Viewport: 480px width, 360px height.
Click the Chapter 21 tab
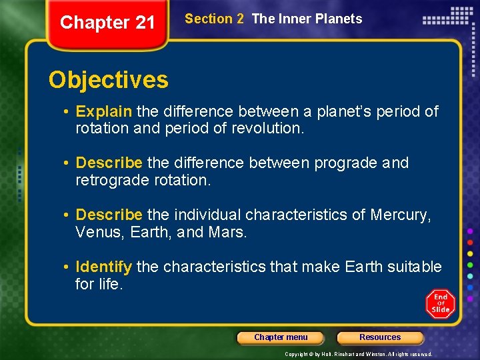pos(107,23)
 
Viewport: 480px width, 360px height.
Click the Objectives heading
pos(109,80)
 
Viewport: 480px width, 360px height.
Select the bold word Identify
pos(103,267)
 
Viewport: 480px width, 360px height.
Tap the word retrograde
pos(109,181)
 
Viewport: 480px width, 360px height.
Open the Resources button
pos(380,337)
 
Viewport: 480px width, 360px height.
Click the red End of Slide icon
pos(441,304)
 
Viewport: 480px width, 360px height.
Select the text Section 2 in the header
pos(214,19)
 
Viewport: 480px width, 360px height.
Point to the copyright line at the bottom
pos(359,354)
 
